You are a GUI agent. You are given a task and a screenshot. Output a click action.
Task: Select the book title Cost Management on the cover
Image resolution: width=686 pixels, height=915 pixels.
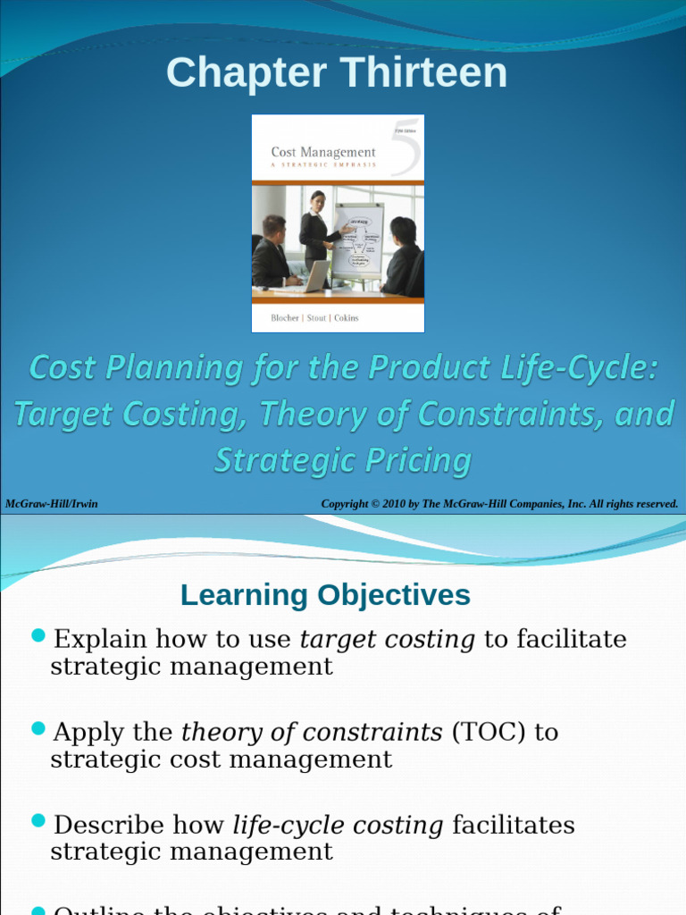[x=322, y=152]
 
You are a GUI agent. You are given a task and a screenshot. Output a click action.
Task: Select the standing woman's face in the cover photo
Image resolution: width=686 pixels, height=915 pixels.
[x=317, y=201]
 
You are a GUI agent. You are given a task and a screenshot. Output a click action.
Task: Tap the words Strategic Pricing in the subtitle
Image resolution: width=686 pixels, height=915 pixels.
[x=342, y=461]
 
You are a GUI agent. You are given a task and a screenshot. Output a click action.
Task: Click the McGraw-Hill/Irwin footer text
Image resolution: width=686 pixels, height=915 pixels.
[x=52, y=504]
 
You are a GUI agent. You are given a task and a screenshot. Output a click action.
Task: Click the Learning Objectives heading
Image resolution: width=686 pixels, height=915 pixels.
[x=325, y=595]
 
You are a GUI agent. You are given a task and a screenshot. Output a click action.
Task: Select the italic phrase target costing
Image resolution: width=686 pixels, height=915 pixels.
[x=387, y=640]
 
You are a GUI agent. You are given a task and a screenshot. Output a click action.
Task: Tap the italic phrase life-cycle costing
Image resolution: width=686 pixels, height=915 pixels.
[x=338, y=826]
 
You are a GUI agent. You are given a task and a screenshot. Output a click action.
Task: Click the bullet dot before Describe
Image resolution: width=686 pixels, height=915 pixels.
[x=38, y=820]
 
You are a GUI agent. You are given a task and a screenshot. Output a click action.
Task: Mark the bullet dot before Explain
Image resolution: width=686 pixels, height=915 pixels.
[x=38, y=635]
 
